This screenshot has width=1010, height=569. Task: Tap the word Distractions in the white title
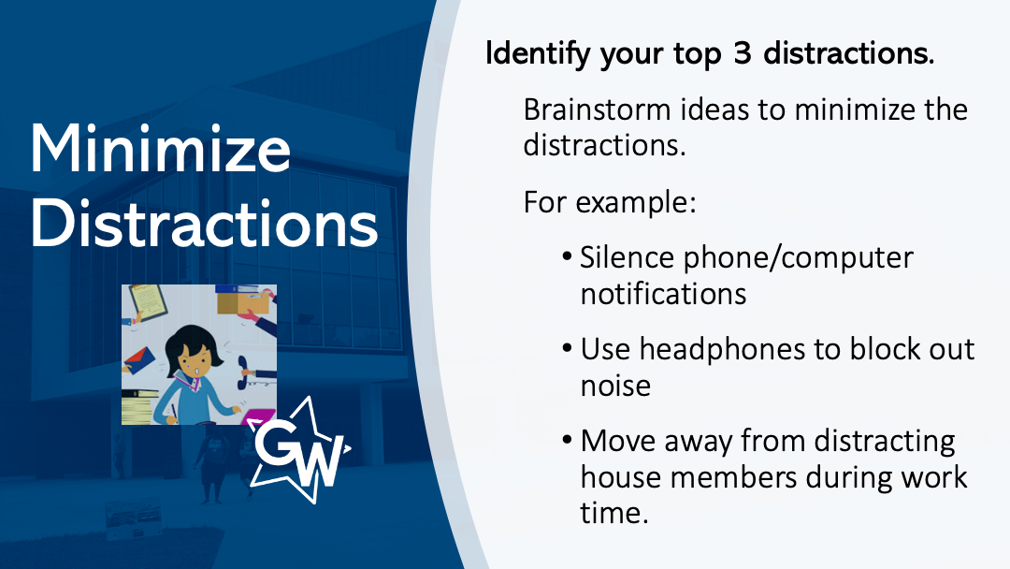pyautogui.click(x=204, y=223)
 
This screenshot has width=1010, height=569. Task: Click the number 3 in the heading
pyautogui.click(x=742, y=52)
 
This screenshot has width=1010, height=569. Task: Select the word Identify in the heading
pyautogui.click(x=537, y=53)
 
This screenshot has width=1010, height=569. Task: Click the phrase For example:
pyautogui.click(x=610, y=202)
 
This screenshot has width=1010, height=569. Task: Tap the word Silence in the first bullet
pyautogui.click(x=627, y=257)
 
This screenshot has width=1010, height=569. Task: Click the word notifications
pyautogui.click(x=663, y=294)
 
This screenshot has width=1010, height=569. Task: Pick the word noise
pyautogui.click(x=615, y=386)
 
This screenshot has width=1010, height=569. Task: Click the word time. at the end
pyautogui.click(x=613, y=514)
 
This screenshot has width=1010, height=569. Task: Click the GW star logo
pyautogui.click(x=300, y=450)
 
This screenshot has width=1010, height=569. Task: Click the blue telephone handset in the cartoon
pyautogui.click(x=243, y=372)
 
